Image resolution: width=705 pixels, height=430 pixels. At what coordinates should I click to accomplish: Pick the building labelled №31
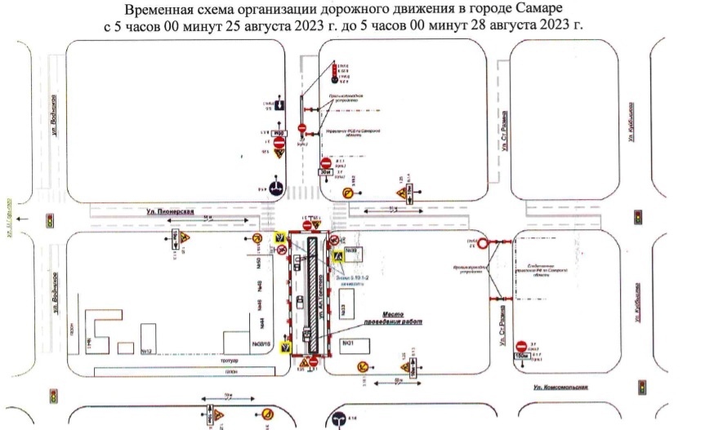click(x=348, y=344)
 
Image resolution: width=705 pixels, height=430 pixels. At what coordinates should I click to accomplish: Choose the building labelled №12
click(x=148, y=351)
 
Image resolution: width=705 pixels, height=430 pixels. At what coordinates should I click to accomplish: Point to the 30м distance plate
click(x=326, y=173)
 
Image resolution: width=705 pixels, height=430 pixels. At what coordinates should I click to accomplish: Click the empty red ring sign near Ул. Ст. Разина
click(x=484, y=242)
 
